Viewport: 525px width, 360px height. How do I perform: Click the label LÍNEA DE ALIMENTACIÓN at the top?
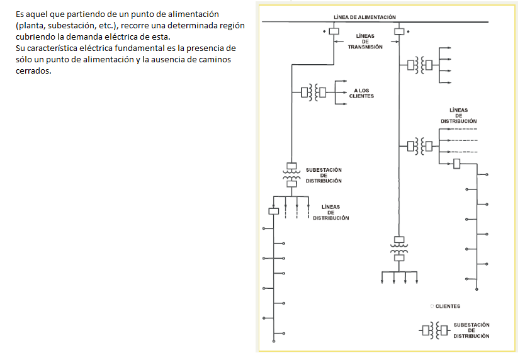(364, 16)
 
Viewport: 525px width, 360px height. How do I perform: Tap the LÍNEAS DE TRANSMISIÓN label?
(364, 42)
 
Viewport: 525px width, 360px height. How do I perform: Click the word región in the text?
(229, 25)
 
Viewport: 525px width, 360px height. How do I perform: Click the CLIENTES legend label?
(447, 307)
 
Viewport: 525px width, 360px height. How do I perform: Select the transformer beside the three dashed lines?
(420, 146)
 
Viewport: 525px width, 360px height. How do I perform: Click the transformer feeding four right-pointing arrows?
(420, 64)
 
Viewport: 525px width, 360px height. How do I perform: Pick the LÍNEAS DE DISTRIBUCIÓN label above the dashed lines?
(458, 115)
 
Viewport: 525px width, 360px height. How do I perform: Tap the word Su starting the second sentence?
(22, 48)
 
